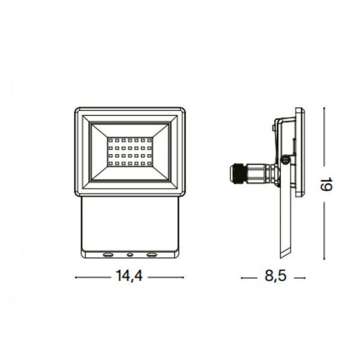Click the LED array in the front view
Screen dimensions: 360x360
point(130,151)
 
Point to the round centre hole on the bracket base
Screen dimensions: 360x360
point(130,255)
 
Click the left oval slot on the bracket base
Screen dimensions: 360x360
point(108,255)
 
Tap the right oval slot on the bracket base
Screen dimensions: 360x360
point(151,255)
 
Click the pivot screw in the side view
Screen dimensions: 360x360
point(284,158)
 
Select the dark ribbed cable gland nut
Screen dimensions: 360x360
point(238,174)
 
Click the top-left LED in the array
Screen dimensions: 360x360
point(110,141)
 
